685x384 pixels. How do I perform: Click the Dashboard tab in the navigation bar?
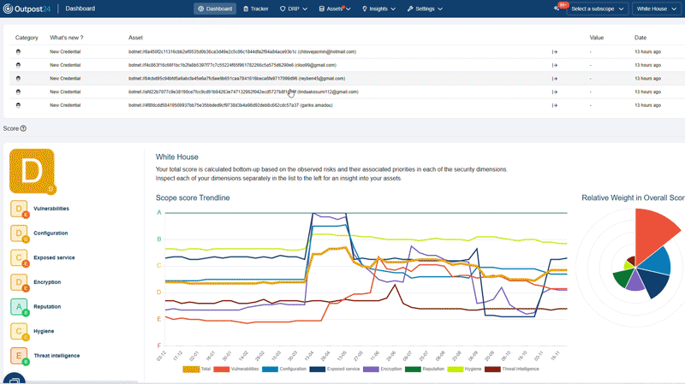click(215, 9)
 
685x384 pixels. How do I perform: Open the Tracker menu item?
click(256, 9)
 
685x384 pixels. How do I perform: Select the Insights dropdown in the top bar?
click(378, 9)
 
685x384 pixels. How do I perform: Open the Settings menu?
click(425, 9)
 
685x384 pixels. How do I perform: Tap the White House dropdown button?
click(656, 9)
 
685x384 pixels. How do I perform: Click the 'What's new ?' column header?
click(67, 38)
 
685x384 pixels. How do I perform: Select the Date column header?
click(640, 38)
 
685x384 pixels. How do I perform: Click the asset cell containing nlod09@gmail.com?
click(232, 65)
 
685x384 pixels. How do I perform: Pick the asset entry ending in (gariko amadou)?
click(230, 104)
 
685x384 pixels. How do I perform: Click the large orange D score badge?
click(32, 171)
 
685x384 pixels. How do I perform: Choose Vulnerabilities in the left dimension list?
click(51, 209)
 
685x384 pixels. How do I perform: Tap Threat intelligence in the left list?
click(57, 355)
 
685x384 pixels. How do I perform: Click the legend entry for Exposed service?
click(342, 369)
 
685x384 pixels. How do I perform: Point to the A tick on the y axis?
click(158, 212)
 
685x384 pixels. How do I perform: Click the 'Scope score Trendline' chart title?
click(192, 198)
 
